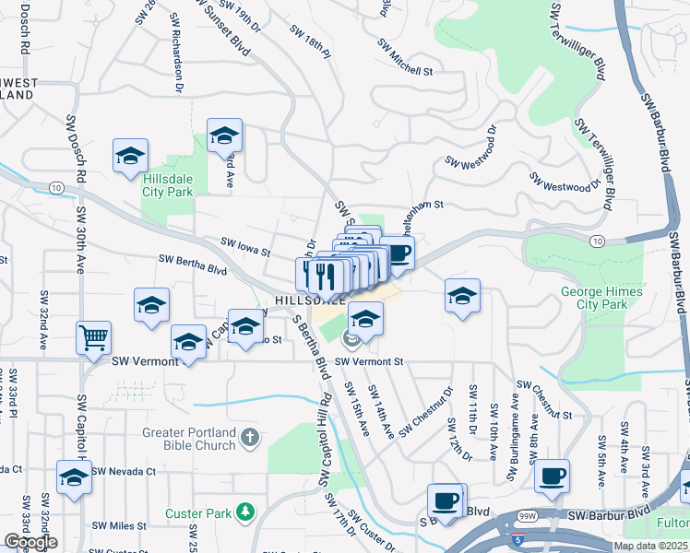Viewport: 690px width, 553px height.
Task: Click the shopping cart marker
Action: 93,339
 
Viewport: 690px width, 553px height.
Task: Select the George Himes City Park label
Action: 601,297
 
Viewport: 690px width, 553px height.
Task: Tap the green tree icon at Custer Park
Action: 244,511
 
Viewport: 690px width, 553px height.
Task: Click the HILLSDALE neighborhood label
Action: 309,300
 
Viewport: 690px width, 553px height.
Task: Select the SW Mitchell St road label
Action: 405,57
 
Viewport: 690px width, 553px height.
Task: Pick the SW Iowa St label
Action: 244,246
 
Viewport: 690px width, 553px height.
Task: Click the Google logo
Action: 30,542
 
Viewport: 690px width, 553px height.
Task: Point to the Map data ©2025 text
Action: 649,546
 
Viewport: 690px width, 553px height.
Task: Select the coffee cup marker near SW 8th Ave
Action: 552,477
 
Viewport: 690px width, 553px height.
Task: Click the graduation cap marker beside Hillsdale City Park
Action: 131,156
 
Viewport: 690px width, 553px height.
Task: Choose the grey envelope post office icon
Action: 350,340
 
